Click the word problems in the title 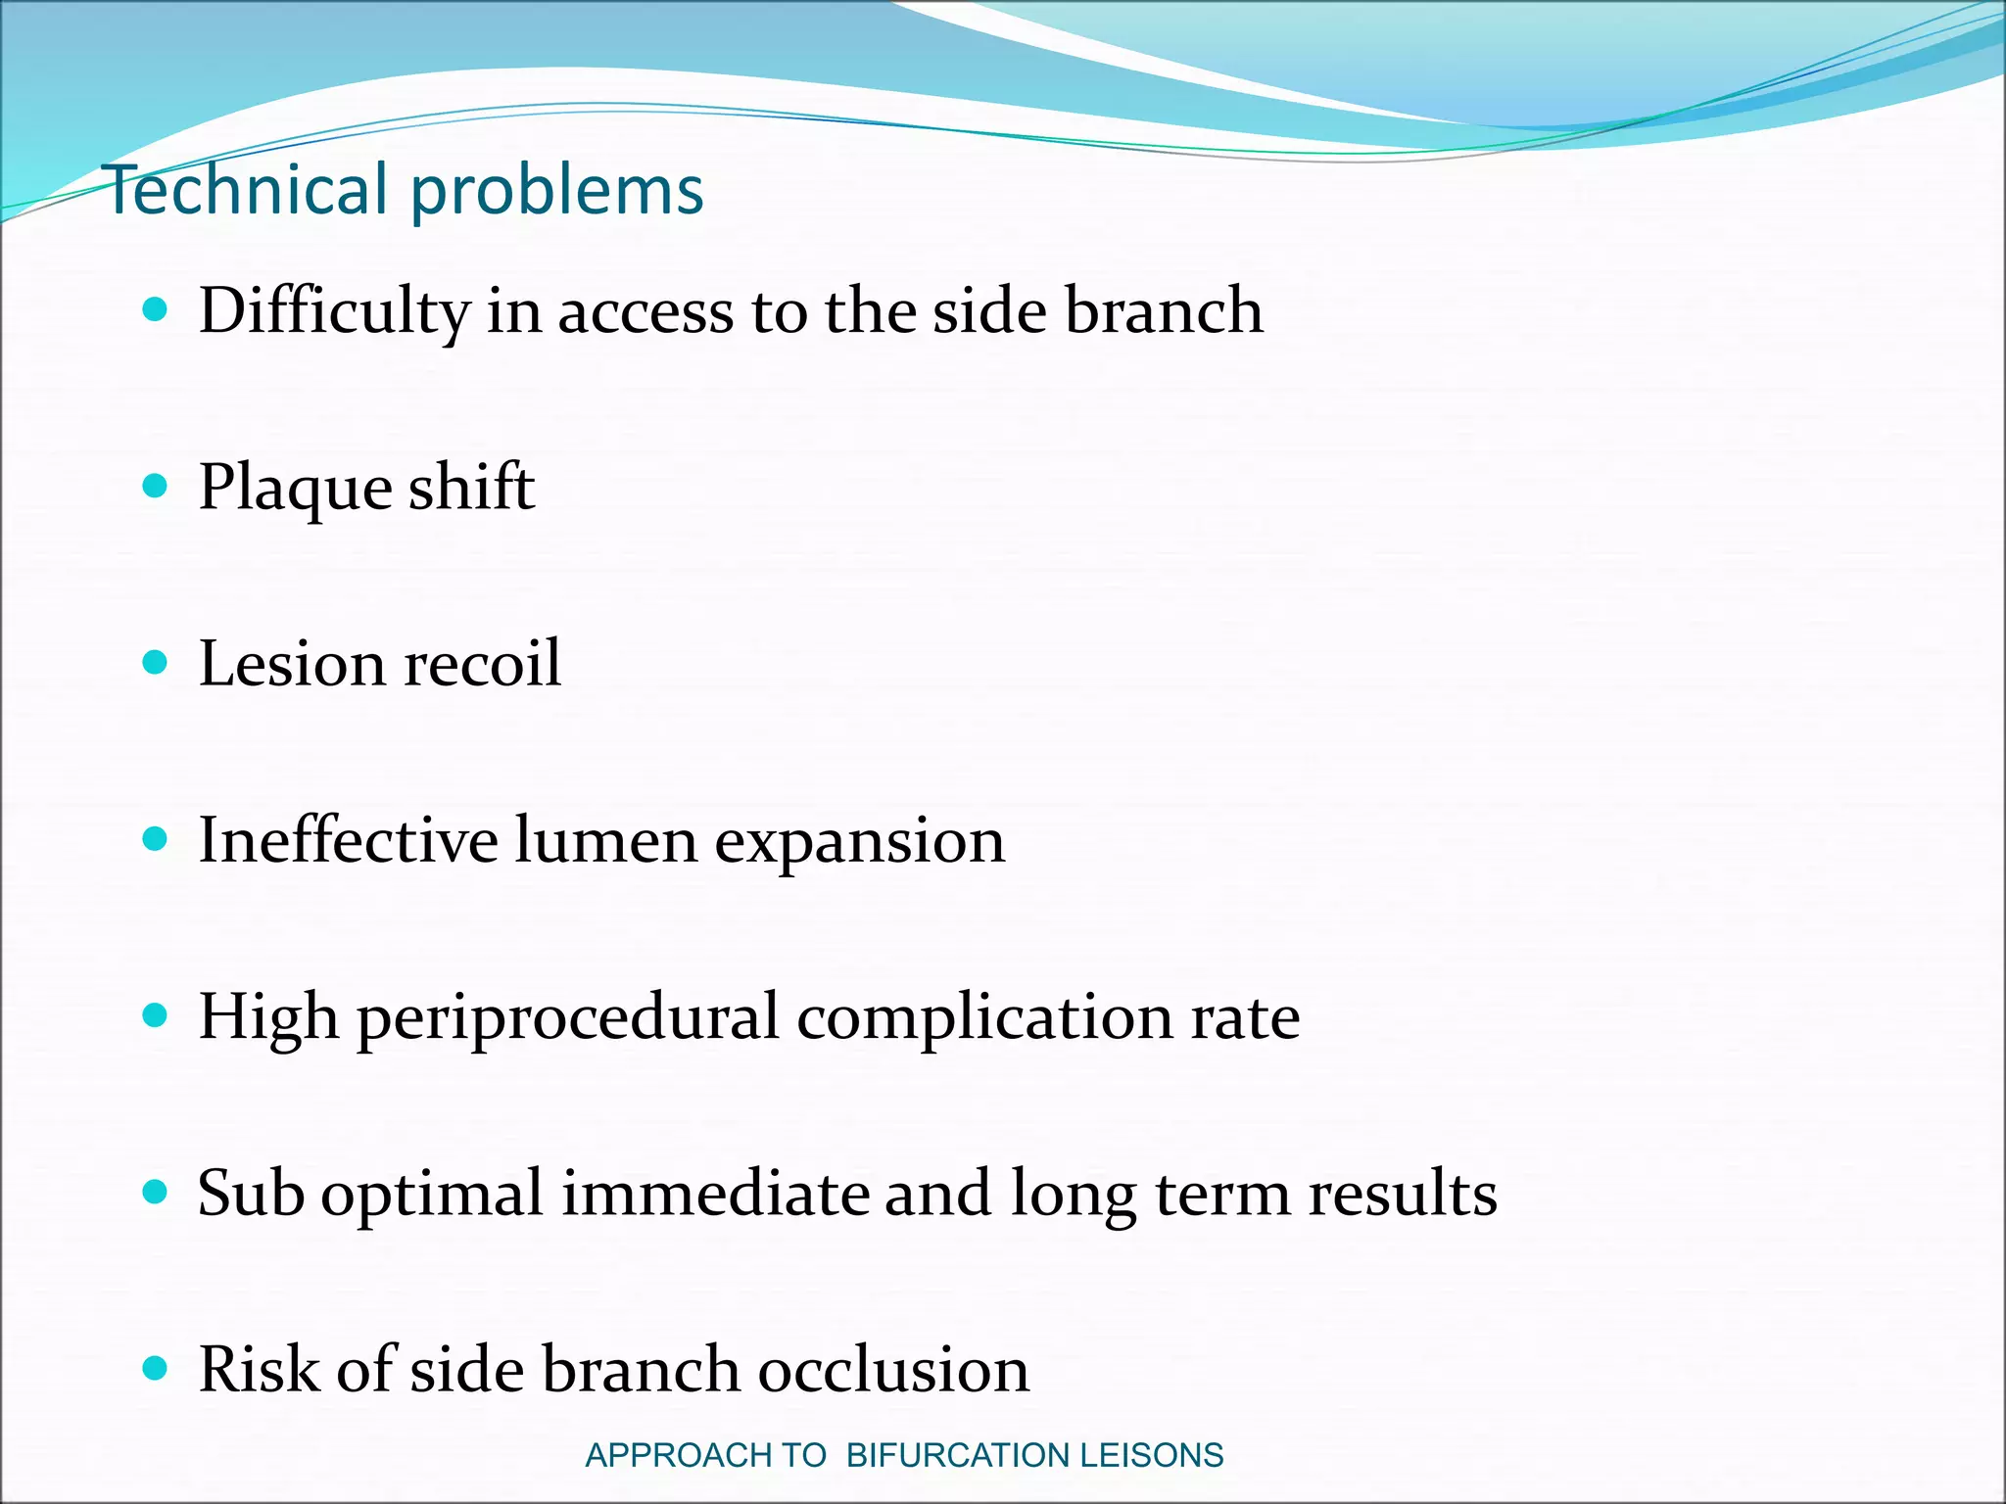click(x=556, y=191)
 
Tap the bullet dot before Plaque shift click(x=155, y=486)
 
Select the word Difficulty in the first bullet click(x=334, y=312)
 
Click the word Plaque click(x=294, y=489)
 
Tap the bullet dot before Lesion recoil click(x=155, y=663)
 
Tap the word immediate click(x=714, y=1194)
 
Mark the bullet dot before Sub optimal click(x=155, y=1192)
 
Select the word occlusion click(x=893, y=1369)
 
